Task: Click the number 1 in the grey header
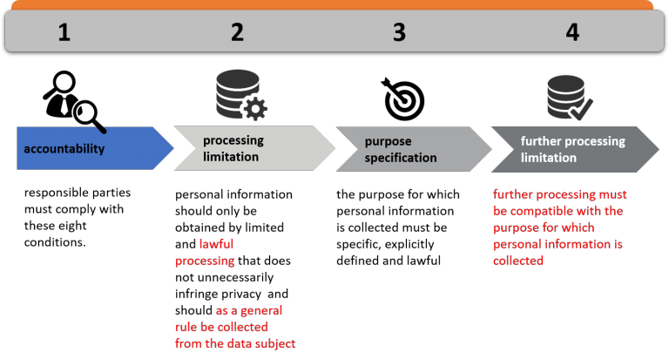(x=64, y=33)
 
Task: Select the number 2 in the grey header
(x=237, y=33)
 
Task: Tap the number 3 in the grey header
(x=399, y=33)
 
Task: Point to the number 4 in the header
(x=571, y=33)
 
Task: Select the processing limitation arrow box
(x=248, y=148)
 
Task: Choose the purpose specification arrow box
(x=409, y=149)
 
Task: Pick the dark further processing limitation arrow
(x=571, y=149)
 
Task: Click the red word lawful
(x=217, y=245)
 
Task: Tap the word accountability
(x=64, y=149)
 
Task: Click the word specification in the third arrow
(x=401, y=158)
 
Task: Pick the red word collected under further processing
(x=517, y=260)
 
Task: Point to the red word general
(x=260, y=310)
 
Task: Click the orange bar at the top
(x=334, y=4)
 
